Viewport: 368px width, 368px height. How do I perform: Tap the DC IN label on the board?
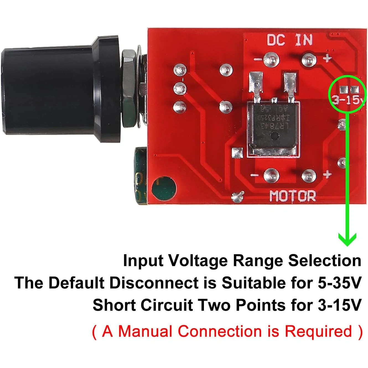click(x=289, y=40)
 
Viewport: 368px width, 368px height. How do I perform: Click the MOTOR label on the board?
click(x=292, y=196)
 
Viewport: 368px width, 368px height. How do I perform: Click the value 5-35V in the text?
click(x=340, y=283)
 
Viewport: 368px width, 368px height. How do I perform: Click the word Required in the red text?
click(x=318, y=331)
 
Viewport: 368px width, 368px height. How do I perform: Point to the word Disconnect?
click(x=154, y=283)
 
